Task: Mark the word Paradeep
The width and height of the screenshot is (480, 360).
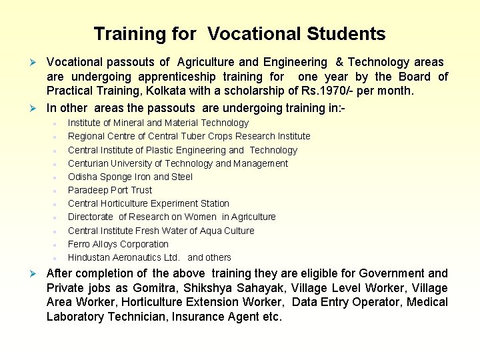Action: [89, 190]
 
